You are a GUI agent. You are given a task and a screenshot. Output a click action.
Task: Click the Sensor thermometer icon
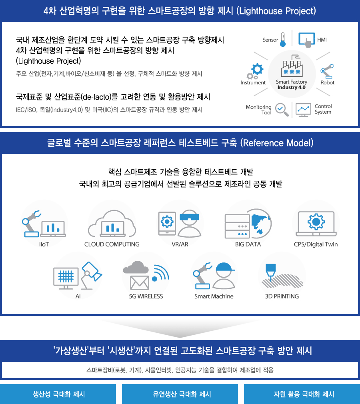coord(283,40)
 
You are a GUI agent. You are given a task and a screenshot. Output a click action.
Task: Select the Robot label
coord(327,83)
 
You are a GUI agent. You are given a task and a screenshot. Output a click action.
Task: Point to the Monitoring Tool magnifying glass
coord(282,110)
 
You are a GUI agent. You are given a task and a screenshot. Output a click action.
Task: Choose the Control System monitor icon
coord(303,110)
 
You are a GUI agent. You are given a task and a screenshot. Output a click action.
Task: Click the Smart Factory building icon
coord(292,66)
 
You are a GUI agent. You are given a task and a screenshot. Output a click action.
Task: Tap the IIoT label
coord(44,244)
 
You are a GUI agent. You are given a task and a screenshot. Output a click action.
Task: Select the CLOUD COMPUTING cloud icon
coord(112,224)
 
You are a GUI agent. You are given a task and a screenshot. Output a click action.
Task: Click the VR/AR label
coord(180,244)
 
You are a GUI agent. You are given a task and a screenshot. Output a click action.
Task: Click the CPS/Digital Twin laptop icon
coord(316,224)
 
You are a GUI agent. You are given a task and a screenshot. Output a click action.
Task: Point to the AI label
coord(78,296)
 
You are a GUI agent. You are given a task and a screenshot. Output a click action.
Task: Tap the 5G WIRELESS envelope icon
coord(140,283)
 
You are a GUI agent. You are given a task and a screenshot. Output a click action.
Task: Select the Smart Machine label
coord(214,296)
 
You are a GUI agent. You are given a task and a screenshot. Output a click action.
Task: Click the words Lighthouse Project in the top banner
coord(276,11)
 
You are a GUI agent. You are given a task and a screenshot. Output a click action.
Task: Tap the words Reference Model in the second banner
coord(277,143)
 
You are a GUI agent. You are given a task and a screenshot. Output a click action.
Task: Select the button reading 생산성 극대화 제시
coord(58,394)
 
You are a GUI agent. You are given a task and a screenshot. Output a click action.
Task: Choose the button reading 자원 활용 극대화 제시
coord(302,394)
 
